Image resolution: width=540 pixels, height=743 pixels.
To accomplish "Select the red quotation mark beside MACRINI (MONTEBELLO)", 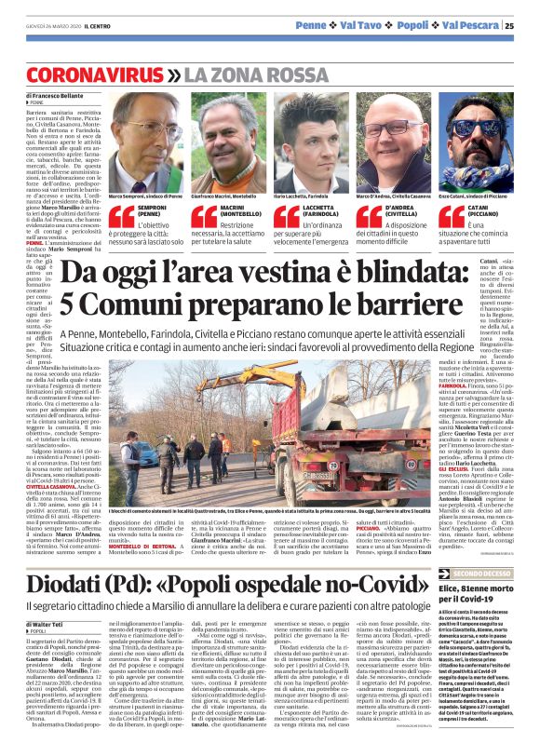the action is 206,217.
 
